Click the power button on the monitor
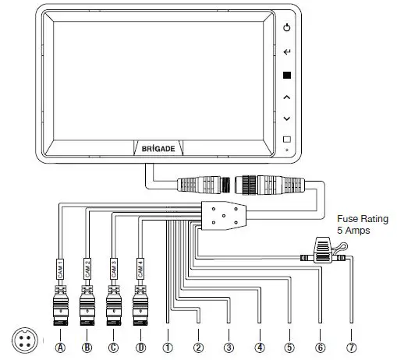(x=287, y=28)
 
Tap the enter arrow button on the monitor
(x=287, y=51)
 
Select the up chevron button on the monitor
(x=287, y=97)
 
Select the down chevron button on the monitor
(x=287, y=118)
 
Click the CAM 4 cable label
(x=141, y=269)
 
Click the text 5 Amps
(x=353, y=231)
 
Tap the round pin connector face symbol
(x=25, y=339)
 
